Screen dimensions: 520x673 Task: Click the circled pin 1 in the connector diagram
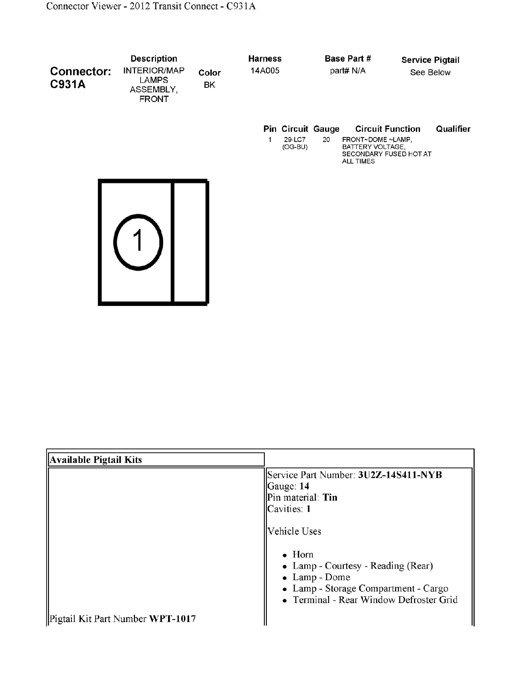[138, 242]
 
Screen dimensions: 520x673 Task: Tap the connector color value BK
[209, 85]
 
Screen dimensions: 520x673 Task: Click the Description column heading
[154, 59]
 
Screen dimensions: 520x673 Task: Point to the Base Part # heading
[348, 59]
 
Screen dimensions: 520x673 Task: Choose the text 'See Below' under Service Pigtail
[430, 72]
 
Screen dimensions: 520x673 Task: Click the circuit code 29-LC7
[295, 140]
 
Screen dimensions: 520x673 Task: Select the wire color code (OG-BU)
[295, 147]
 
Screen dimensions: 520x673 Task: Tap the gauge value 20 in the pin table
[326, 140]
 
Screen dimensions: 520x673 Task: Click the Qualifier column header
[453, 129]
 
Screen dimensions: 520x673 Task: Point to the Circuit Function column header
[388, 129]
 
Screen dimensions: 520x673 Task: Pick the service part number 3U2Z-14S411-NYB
[400, 475]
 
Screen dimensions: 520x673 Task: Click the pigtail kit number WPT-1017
[172, 619]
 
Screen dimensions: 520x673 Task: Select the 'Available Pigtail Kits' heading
[96, 460]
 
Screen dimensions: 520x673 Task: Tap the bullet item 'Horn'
[303, 554]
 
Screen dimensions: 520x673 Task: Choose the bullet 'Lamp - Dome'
[321, 577]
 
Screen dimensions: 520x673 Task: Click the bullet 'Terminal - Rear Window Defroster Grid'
[375, 600]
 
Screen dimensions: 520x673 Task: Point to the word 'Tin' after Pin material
[330, 497]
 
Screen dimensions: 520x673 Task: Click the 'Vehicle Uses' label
[294, 531]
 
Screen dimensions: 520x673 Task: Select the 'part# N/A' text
[348, 71]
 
